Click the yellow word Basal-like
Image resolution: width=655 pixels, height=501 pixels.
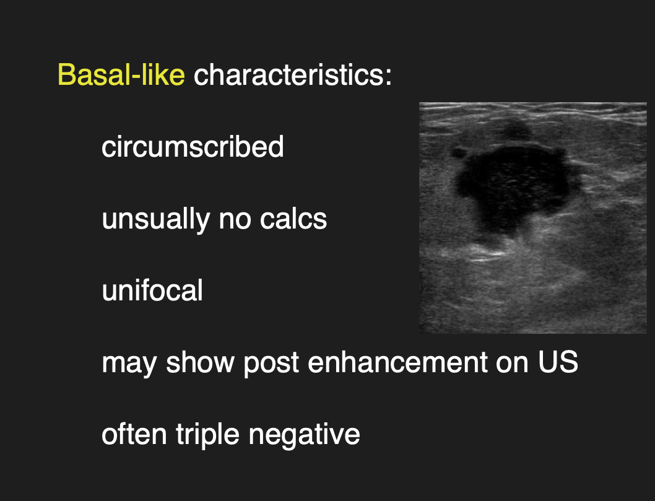click(121, 74)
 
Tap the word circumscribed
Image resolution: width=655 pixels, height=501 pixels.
click(193, 146)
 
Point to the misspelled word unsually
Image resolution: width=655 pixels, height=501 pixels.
click(155, 219)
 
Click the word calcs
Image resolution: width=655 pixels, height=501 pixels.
click(293, 219)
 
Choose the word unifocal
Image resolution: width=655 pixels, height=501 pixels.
click(152, 290)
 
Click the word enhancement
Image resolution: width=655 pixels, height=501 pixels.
click(397, 362)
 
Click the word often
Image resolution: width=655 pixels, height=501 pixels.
click(134, 433)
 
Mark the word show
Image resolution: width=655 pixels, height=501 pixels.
click(200, 362)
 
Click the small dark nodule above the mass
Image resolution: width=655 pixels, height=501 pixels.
click(517, 129)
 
